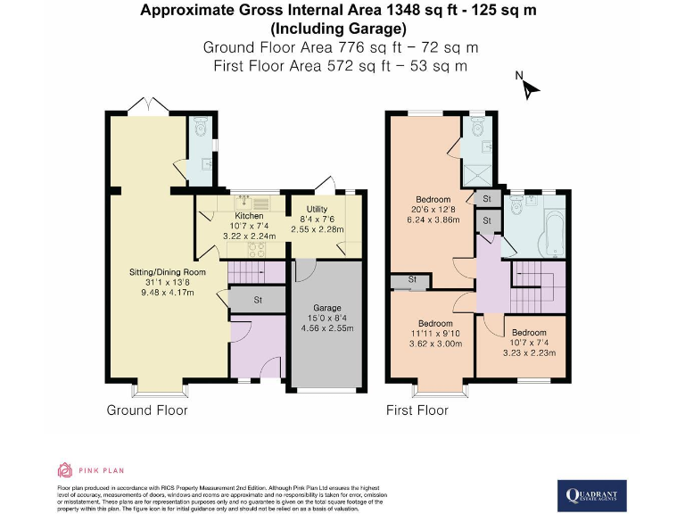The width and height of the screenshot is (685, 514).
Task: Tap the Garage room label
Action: (326, 308)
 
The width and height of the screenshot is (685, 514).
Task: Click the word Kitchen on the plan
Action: (249, 216)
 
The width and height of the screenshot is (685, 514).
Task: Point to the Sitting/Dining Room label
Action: (169, 272)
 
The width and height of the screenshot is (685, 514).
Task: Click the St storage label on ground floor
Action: (258, 300)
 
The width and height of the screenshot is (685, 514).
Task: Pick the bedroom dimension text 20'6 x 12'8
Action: (433, 209)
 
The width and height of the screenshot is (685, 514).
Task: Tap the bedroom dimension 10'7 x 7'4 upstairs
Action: (528, 343)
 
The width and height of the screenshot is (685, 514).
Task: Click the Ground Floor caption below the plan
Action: (147, 410)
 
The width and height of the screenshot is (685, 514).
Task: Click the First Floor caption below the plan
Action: (417, 410)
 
